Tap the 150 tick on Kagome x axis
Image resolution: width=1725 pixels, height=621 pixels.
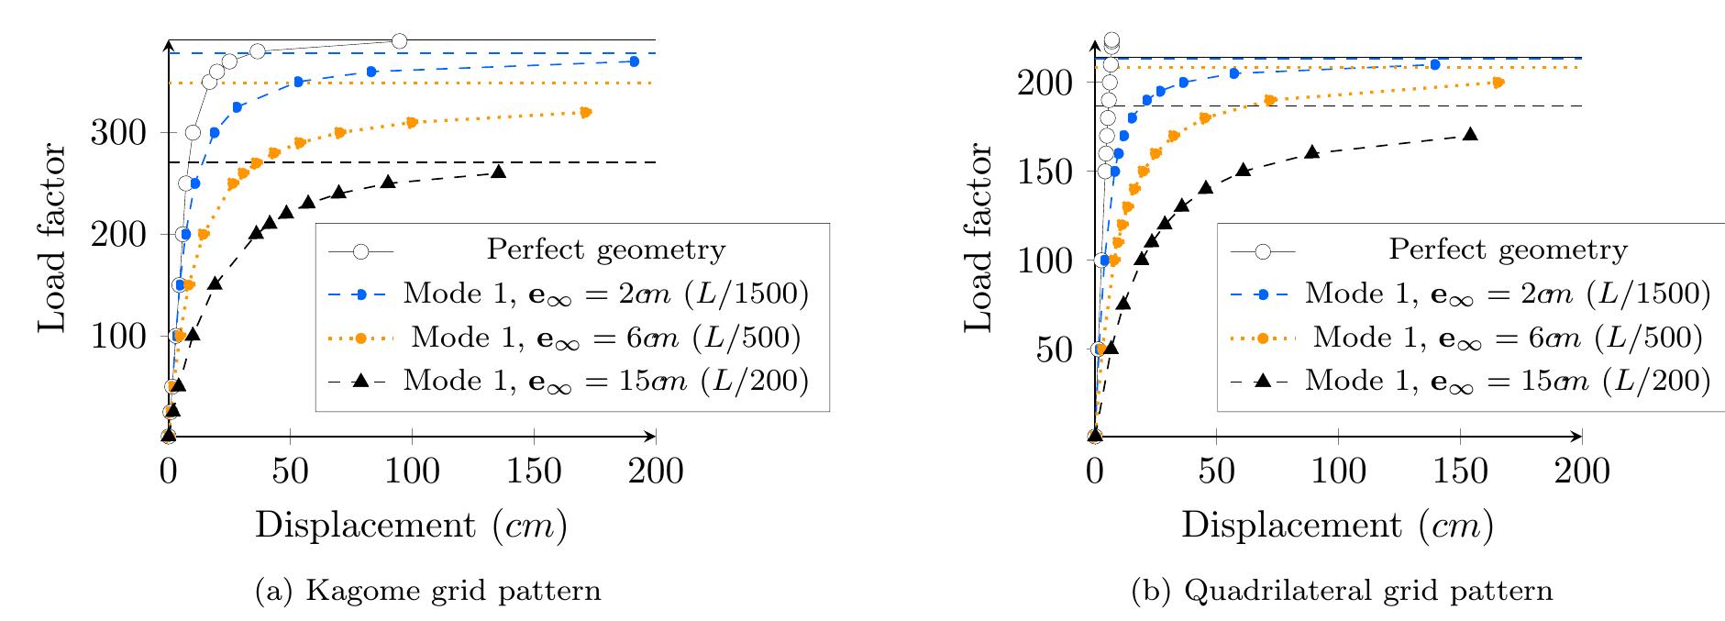click(534, 437)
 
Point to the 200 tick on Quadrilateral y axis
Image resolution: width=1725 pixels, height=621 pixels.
click(1094, 83)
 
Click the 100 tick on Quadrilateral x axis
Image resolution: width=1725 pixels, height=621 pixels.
click(1338, 437)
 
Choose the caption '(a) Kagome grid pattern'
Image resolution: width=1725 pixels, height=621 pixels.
click(427, 591)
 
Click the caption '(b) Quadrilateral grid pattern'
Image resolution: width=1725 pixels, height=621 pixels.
click(1343, 591)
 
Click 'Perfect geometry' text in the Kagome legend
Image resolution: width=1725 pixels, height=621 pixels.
click(606, 250)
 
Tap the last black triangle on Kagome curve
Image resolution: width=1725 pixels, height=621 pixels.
click(498, 172)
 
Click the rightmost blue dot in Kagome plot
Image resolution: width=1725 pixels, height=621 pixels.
click(634, 61)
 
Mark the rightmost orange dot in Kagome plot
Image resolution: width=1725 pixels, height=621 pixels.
click(586, 112)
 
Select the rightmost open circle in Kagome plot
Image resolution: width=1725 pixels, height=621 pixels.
click(399, 41)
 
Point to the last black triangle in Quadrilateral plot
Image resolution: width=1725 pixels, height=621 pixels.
click(1470, 134)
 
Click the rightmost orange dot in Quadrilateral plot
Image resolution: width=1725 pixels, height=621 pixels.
click(1498, 83)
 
